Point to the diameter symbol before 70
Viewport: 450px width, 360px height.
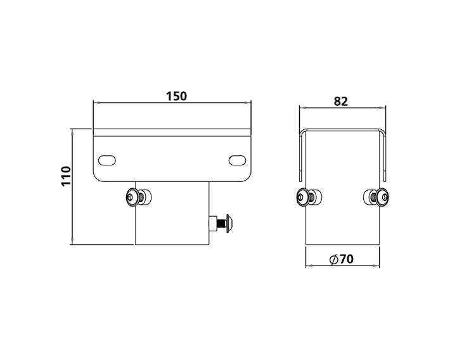click(334, 260)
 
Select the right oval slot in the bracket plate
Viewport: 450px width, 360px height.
click(238, 159)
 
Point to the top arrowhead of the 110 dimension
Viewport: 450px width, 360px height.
click(73, 131)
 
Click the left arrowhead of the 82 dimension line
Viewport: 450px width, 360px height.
click(301, 108)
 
